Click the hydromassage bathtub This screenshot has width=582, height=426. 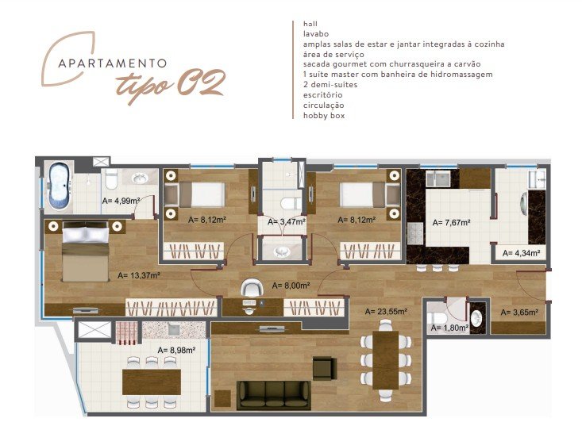(x=59, y=185)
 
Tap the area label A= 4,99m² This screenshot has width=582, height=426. (x=121, y=201)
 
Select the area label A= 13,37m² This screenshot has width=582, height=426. (x=139, y=275)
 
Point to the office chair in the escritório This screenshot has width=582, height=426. (x=251, y=287)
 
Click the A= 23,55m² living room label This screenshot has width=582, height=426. (x=386, y=312)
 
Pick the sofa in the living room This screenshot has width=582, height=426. (x=274, y=395)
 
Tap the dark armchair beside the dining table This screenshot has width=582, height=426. (x=324, y=368)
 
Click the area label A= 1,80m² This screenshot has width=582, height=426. (x=449, y=328)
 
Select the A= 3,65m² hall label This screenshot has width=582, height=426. (x=519, y=313)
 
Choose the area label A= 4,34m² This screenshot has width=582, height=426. (x=521, y=253)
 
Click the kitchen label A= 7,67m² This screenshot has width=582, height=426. (x=451, y=222)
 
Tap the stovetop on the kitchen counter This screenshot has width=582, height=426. (x=415, y=233)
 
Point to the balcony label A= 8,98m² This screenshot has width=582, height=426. (x=177, y=350)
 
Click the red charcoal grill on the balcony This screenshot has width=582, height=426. (x=126, y=333)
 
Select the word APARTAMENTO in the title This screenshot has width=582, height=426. (x=113, y=63)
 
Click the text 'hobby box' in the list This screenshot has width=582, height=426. (x=324, y=115)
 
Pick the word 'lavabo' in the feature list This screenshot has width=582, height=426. (x=316, y=34)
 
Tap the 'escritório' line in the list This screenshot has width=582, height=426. (x=322, y=95)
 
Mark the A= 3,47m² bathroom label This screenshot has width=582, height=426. (x=287, y=221)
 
